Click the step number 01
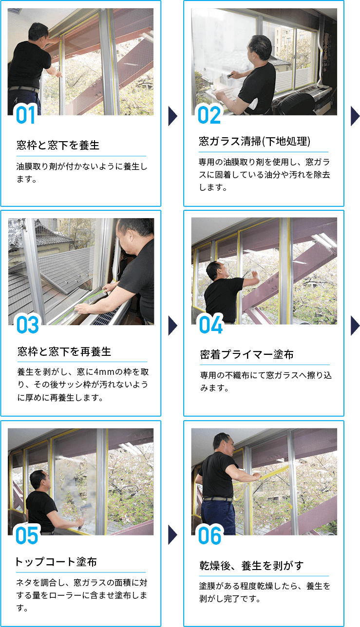pyautogui.click(x=26, y=115)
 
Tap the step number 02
pyautogui.click(x=209, y=115)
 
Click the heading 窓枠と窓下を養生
pyautogui.click(x=57, y=145)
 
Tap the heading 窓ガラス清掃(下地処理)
pyautogui.click(x=255, y=142)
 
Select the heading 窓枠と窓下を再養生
pyautogui.click(x=64, y=351)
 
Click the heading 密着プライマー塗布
pyautogui.click(x=246, y=354)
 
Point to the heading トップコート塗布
pyautogui.click(x=56, y=562)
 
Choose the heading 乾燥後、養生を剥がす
pyautogui.click(x=251, y=566)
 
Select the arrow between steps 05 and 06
pyautogui.click(x=172, y=535)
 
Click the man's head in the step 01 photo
pyautogui.click(x=38, y=32)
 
